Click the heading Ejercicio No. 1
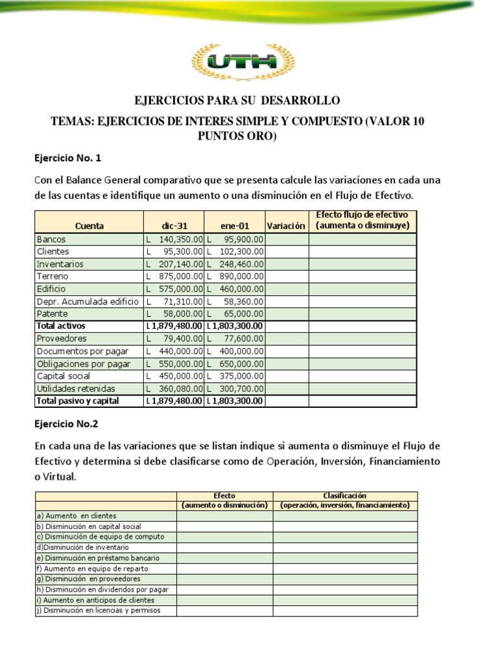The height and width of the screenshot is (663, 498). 67,158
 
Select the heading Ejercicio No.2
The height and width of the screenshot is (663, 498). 66,424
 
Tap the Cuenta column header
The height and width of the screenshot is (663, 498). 89,226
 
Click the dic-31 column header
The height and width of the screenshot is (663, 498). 173,226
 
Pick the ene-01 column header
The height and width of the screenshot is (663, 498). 235,226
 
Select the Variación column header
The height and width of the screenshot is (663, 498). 286,226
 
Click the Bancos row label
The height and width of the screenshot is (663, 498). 52,239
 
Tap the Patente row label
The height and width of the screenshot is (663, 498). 53,313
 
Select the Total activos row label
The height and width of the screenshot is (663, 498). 61,326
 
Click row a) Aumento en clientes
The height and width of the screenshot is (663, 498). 77,515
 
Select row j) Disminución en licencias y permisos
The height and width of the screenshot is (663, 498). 98,611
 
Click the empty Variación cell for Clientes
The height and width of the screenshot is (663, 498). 287,252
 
